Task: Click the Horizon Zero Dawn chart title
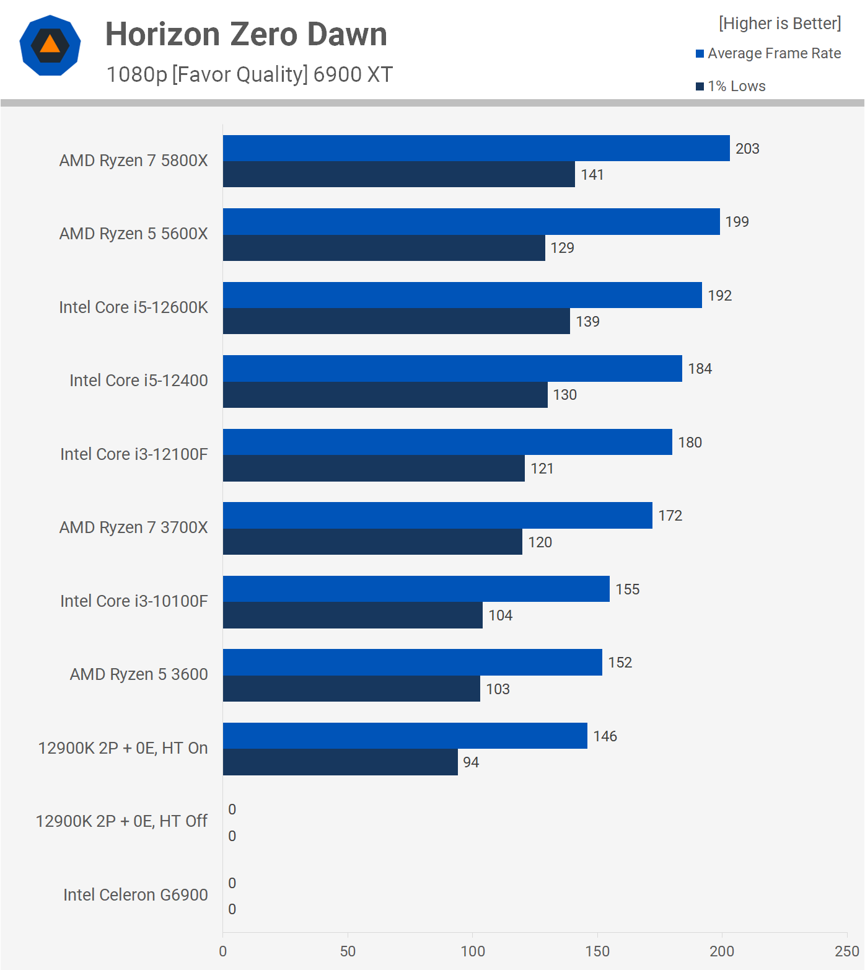pos(246,34)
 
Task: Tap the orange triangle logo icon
pos(50,45)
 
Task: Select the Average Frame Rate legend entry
pos(768,53)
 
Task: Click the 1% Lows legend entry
pos(731,86)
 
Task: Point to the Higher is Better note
pos(779,24)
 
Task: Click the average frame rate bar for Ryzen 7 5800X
pos(476,148)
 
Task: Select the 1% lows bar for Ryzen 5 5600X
pos(384,248)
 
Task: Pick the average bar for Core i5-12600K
pos(462,295)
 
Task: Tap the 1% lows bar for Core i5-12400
pos(385,395)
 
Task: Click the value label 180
pos(690,443)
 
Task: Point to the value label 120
pos(540,542)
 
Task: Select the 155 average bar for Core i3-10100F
pos(416,589)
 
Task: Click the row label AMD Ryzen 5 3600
pos(139,674)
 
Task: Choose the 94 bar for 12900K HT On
pos(340,762)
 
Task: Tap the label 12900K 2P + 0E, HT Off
pos(121,821)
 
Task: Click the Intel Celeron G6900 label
pos(135,895)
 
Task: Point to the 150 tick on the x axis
pos(597,951)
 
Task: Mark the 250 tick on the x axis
pos(846,951)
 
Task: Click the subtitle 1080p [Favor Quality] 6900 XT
pos(249,74)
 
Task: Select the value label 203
pos(747,149)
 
